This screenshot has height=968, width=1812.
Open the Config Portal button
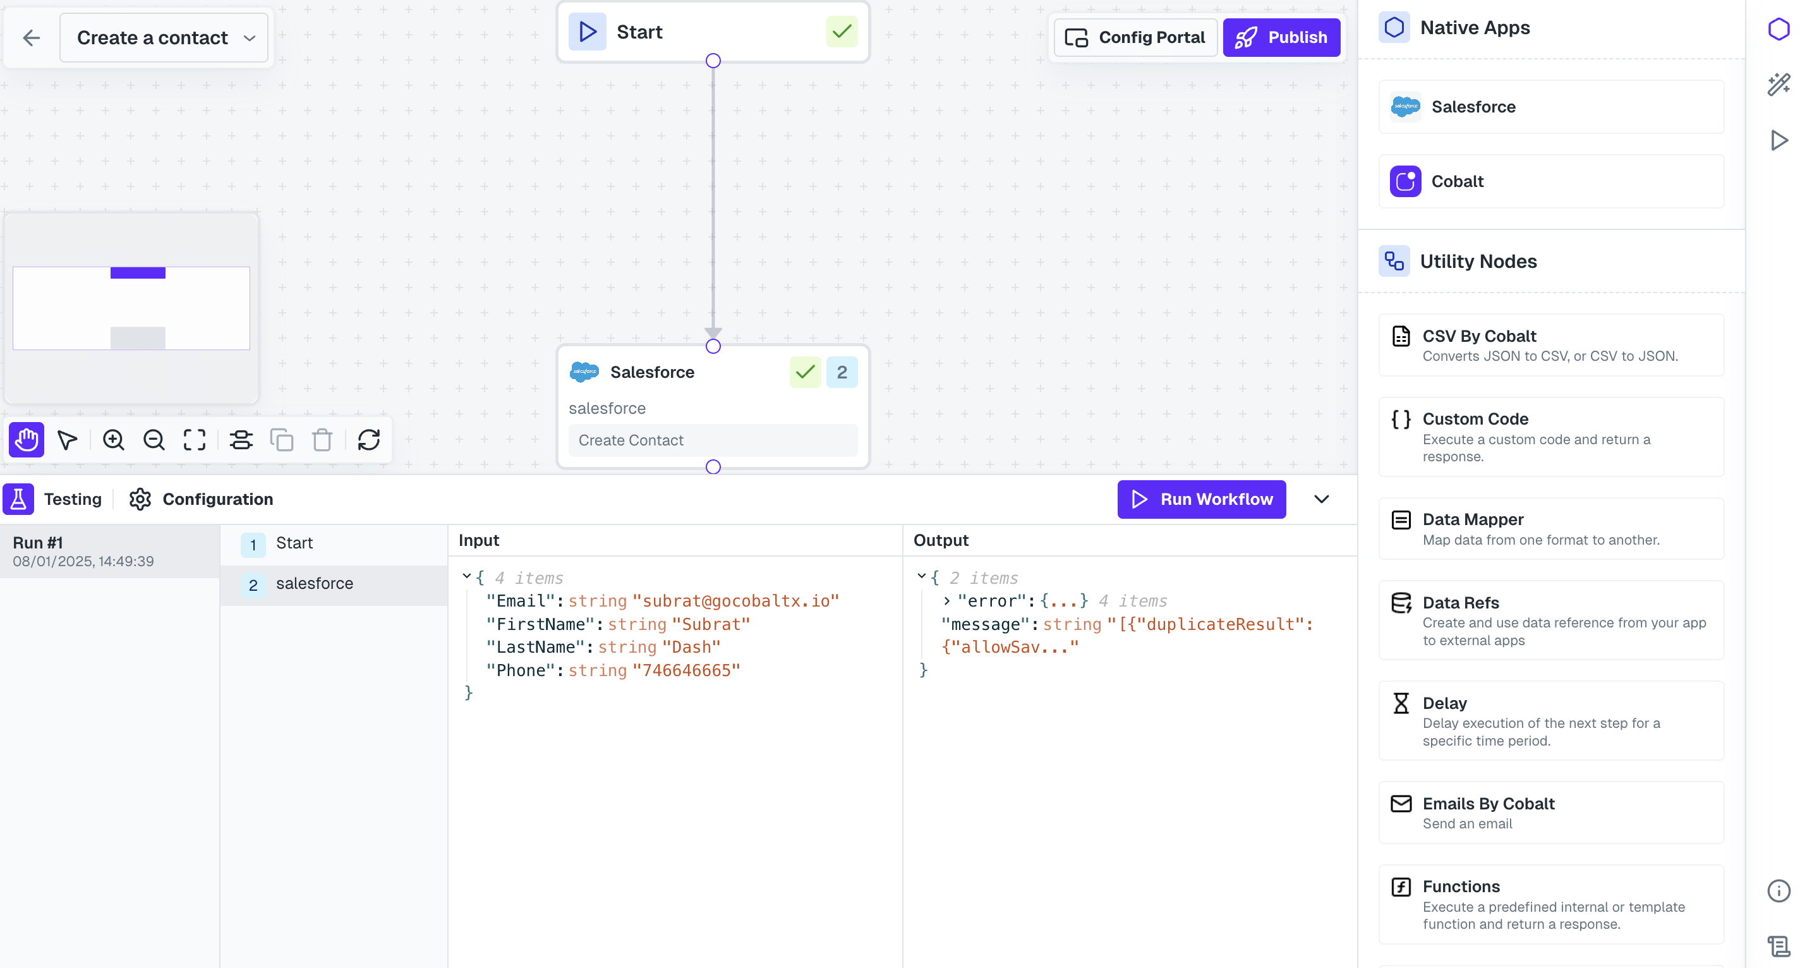tap(1135, 37)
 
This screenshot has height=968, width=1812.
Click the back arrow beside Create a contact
tap(31, 37)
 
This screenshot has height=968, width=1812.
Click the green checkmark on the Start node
tap(842, 32)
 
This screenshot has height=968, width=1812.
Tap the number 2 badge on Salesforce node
tap(842, 372)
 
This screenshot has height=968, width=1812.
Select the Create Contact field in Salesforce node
tap(712, 440)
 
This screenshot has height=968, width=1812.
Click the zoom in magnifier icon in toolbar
tap(113, 440)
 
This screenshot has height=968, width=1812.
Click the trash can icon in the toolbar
tap(322, 440)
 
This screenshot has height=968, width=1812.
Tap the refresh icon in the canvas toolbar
tap(368, 440)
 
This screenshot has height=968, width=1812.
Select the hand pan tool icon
tap(27, 440)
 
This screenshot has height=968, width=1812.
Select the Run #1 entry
tap(109, 552)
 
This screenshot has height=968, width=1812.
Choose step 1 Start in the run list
tap(294, 543)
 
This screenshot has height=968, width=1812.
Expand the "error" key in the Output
tap(947, 601)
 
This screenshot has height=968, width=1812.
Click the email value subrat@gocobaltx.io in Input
tap(735, 601)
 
